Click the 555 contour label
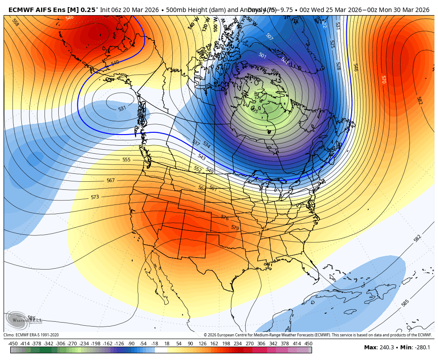pyautogui.click(x=126, y=160)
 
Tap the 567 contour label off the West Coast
pyautogui.click(x=110, y=180)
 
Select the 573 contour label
pyautogui.click(x=95, y=197)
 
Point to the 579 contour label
pyautogui.click(x=235, y=228)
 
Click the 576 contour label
pyautogui.click(x=224, y=217)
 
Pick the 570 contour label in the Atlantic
pyautogui.click(x=383, y=79)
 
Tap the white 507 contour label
pyautogui.click(x=269, y=36)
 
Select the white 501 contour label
pyautogui.click(x=262, y=56)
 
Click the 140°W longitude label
pyautogui.click(x=192, y=25)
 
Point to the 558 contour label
pyautogui.click(x=15, y=22)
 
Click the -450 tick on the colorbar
pyautogui.click(x=13, y=344)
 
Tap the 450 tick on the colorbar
pyautogui.click(x=308, y=344)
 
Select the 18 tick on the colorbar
pyautogui.click(x=167, y=344)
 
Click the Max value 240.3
pyautogui.click(x=385, y=348)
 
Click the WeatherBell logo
pyautogui.click(x=24, y=319)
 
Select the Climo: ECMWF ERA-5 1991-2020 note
pyautogui.click(x=31, y=335)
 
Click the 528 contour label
pyautogui.click(x=338, y=66)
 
